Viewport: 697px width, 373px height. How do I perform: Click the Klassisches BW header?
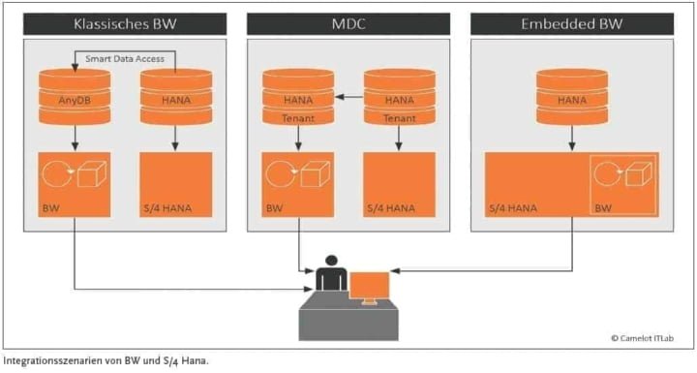click(125, 23)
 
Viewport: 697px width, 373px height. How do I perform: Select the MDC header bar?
click(348, 23)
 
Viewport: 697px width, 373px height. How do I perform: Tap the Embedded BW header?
click(572, 23)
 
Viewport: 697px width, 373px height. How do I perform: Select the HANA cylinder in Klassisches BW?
click(175, 96)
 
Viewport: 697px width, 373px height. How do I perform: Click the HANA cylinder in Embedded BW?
click(571, 96)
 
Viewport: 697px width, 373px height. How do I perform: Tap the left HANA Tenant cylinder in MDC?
click(298, 98)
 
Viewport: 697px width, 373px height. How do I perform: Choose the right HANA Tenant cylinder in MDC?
click(399, 98)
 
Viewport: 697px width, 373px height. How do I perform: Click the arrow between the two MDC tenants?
click(348, 97)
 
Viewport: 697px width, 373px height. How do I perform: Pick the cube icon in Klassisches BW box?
click(93, 177)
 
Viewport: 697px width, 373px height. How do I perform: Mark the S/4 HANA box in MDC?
click(399, 187)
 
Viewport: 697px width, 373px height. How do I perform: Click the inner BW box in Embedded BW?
click(623, 186)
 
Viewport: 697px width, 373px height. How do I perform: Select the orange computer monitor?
click(369, 286)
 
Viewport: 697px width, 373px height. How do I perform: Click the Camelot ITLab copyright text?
click(645, 338)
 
